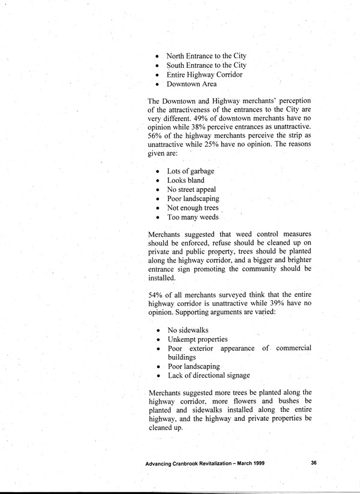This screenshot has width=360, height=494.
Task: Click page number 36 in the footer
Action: click(314, 463)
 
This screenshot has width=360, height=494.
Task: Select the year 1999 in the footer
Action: click(255, 463)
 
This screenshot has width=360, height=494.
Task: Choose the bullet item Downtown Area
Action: click(192, 85)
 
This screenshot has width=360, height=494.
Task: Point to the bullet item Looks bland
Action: click(185, 180)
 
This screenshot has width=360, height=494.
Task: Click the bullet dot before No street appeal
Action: click(157, 190)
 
